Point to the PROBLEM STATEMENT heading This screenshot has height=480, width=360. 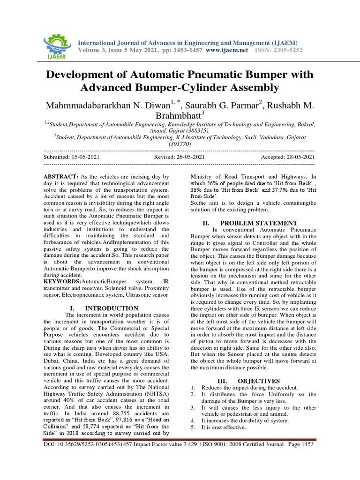[x=258, y=223]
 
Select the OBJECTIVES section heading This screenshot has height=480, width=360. [x=259, y=381]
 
